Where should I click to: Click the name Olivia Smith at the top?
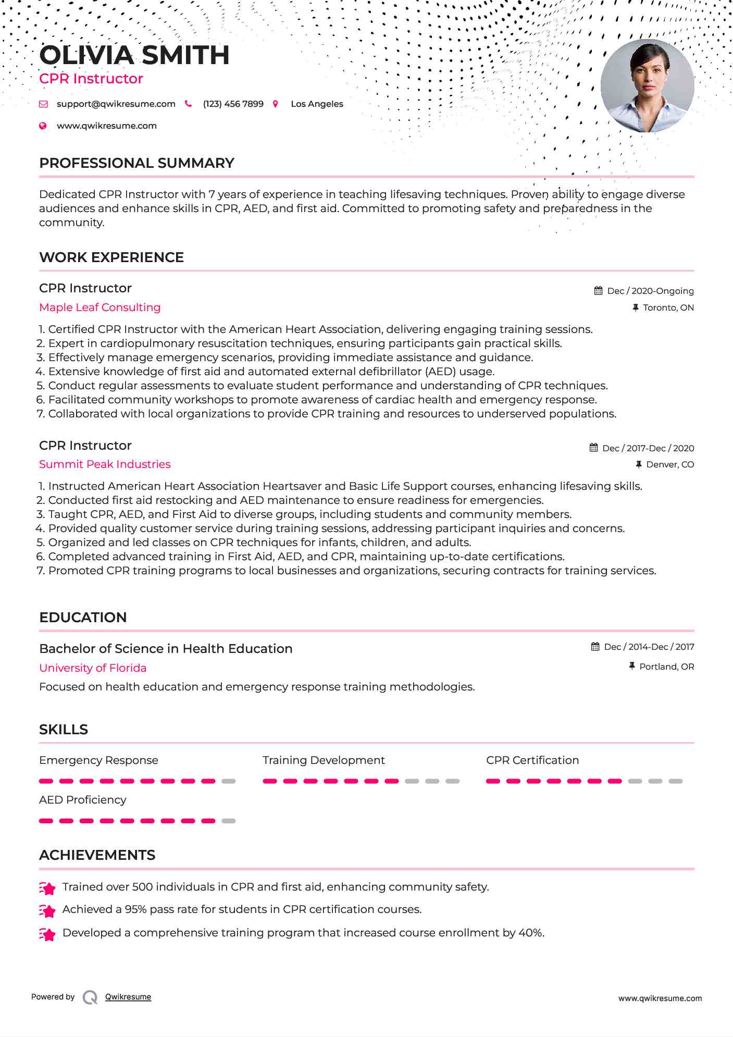134,55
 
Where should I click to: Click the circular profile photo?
647,86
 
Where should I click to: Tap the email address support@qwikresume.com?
116,104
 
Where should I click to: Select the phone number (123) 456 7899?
233,104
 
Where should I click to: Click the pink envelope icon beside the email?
43,104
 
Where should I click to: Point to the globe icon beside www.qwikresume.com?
43,126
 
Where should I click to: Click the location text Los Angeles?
317,104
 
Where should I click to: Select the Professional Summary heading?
136,163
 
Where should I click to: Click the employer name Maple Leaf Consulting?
100,307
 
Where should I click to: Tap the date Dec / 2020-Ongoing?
650,291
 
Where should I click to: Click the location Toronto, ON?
668,307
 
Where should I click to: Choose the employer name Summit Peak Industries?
105,464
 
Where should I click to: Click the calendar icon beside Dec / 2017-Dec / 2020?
593,448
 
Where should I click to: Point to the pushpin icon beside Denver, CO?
638,464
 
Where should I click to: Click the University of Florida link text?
93,668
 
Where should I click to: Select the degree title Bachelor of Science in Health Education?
166,649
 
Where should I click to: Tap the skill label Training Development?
324,760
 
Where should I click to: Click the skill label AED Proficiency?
82,800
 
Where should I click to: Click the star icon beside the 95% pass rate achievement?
47,910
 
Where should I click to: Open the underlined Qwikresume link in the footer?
128,997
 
